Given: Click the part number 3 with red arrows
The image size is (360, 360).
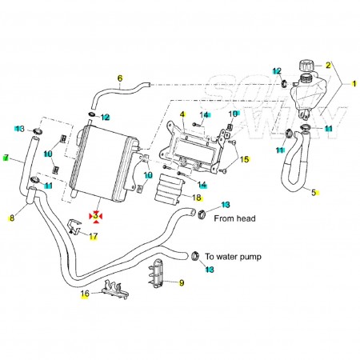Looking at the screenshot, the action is pyautogui.click(x=95, y=216).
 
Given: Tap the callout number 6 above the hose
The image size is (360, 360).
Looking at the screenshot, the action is pyautogui.click(x=120, y=78).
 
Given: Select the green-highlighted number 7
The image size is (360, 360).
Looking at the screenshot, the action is pyautogui.click(x=6, y=158).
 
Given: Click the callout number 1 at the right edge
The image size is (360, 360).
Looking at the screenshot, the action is pyautogui.click(x=354, y=84).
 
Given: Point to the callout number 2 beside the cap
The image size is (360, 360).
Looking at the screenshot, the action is pyautogui.click(x=328, y=65).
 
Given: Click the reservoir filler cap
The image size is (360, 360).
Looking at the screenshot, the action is pyautogui.click(x=306, y=66).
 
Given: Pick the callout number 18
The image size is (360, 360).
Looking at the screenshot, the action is pyautogui.click(x=197, y=198).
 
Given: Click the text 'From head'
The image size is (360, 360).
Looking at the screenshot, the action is pyautogui.click(x=234, y=218).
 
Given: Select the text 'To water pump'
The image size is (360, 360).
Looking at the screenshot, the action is pyautogui.click(x=233, y=257).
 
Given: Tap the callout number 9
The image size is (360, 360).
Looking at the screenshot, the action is pyautogui.click(x=182, y=282).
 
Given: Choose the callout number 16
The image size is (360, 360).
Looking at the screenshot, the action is pyautogui.click(x=85, y=294).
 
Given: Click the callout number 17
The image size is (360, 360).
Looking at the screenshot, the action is pyautogui.click(x=94, y=236).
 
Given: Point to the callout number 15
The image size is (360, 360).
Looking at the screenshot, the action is pyautogui.click(x=244, y=159).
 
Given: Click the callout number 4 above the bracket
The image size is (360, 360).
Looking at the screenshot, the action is pyautogui.click(x=182, y=114).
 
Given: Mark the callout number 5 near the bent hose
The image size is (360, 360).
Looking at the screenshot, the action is pyautogui.click(x=314, y=192).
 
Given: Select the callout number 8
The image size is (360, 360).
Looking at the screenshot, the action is pyautogui.click(x=12, y=218).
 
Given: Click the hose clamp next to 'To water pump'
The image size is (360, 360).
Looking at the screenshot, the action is pyautogui.click(x=195, y=256).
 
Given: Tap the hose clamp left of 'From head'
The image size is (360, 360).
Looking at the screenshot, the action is pyautogui.click(x=203, y=214).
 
